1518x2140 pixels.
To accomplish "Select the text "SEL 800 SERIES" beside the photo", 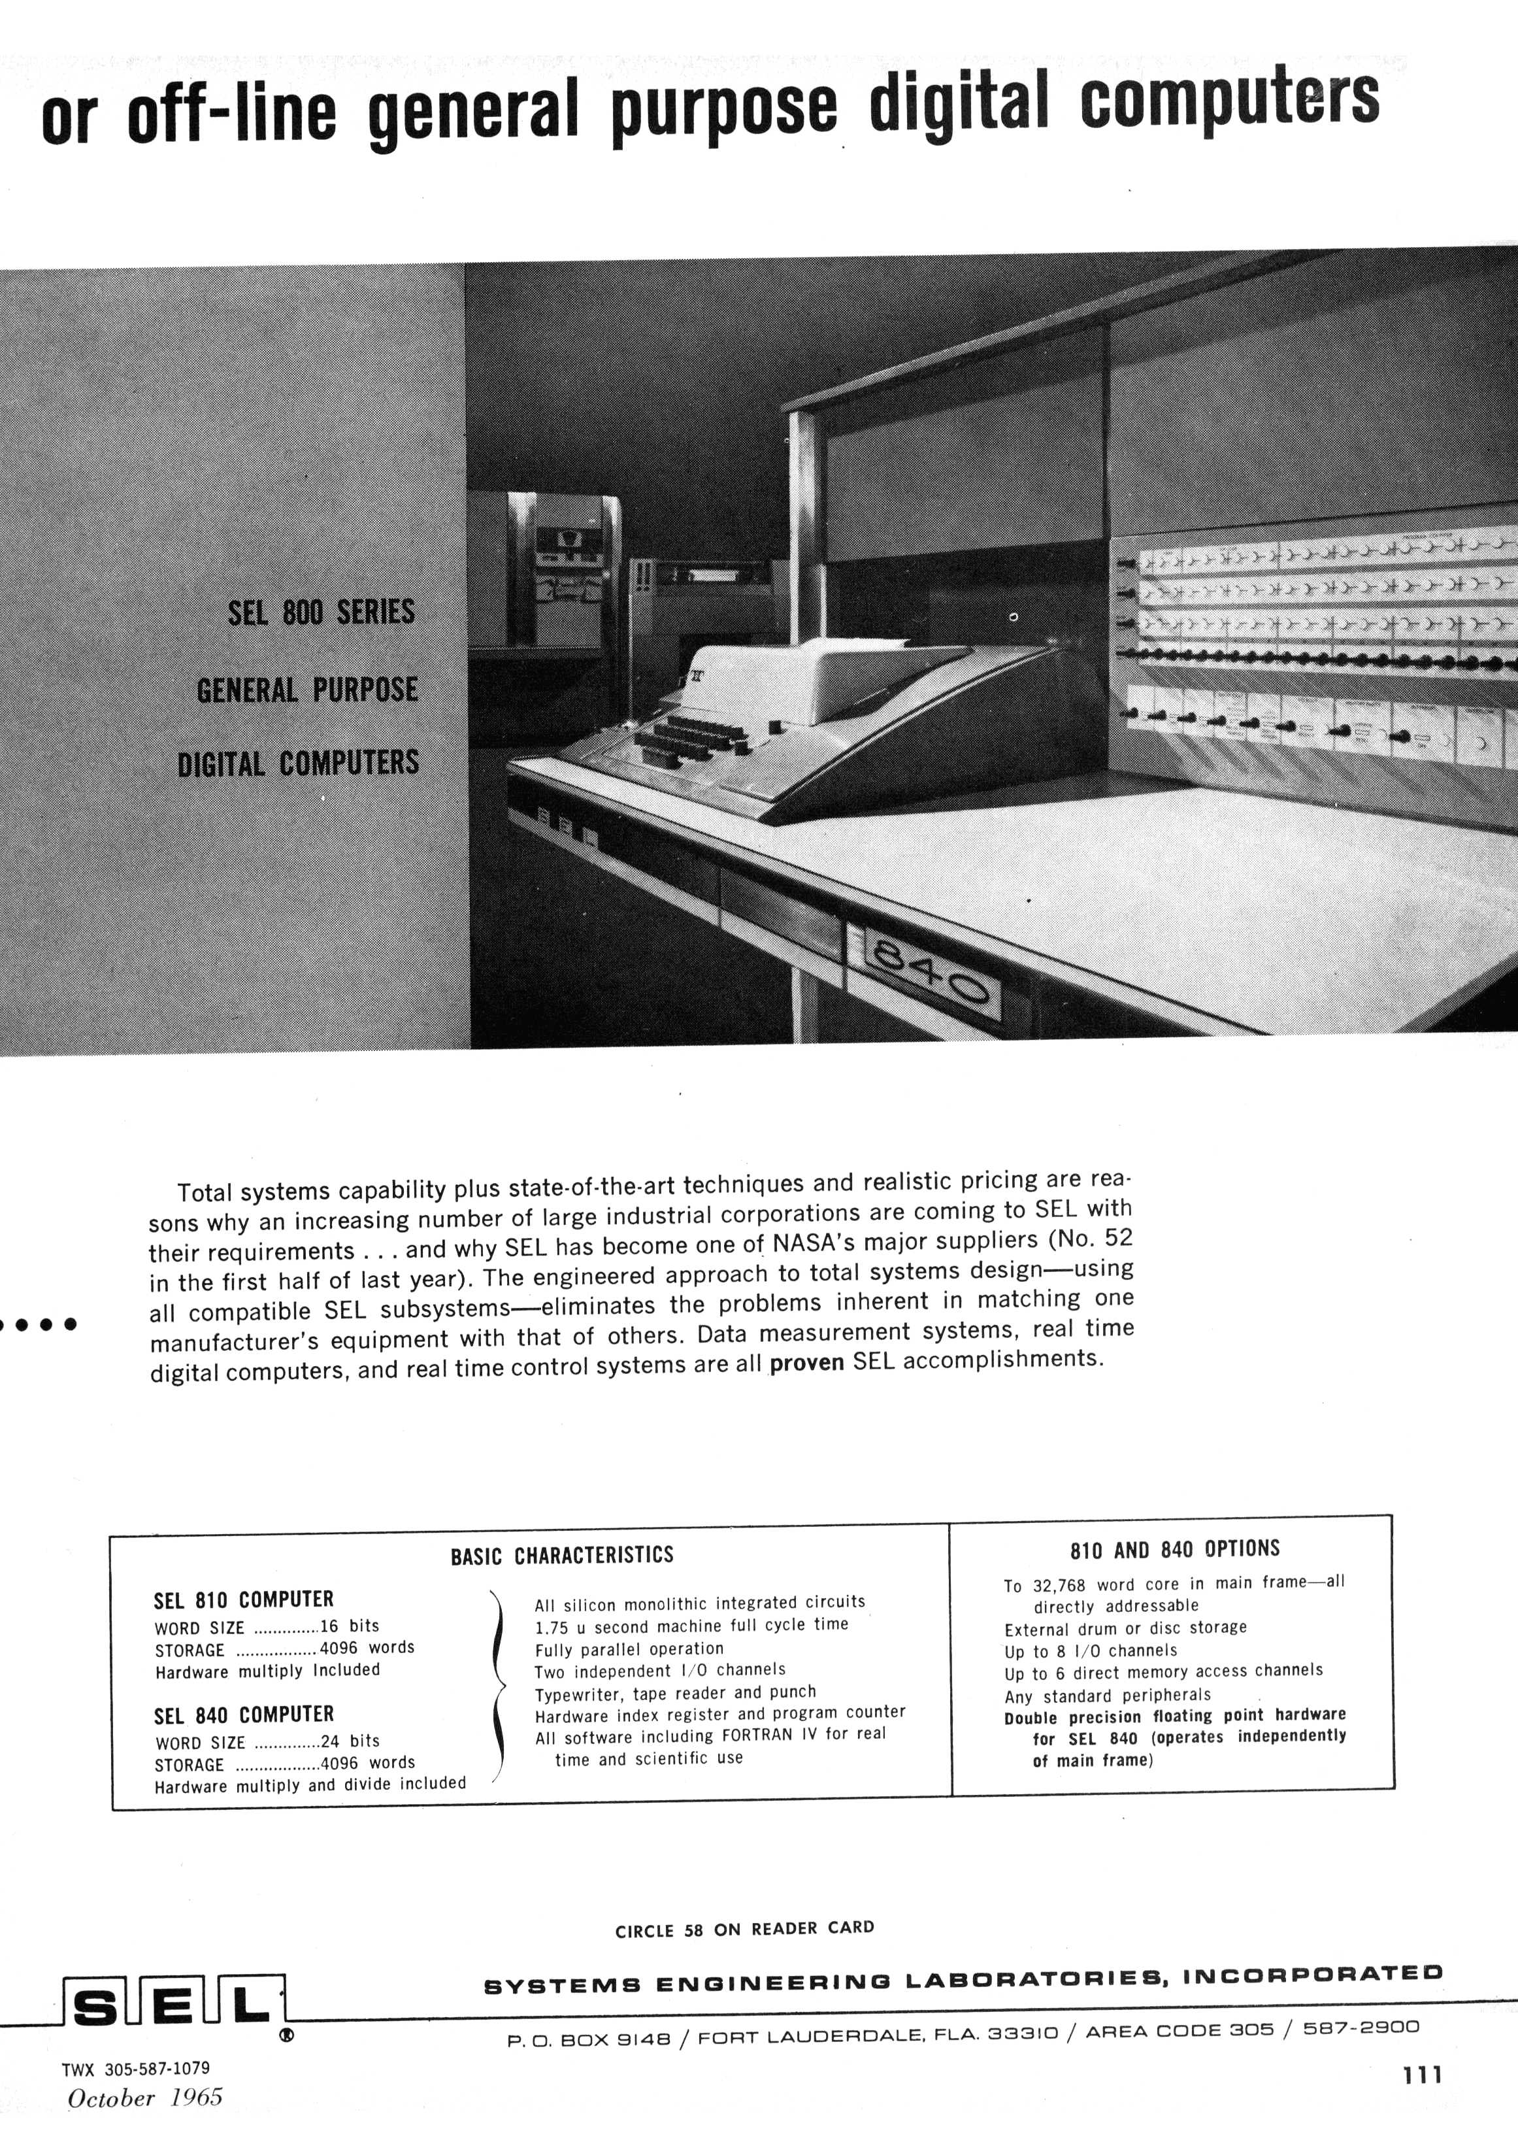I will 321,612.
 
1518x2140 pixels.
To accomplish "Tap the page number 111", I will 1422,2075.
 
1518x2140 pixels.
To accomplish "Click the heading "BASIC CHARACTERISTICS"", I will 562,1555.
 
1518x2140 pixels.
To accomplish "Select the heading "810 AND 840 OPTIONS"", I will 1174,1549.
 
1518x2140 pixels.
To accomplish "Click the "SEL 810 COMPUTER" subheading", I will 243,1599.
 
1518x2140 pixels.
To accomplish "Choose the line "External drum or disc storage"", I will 1125,1628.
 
